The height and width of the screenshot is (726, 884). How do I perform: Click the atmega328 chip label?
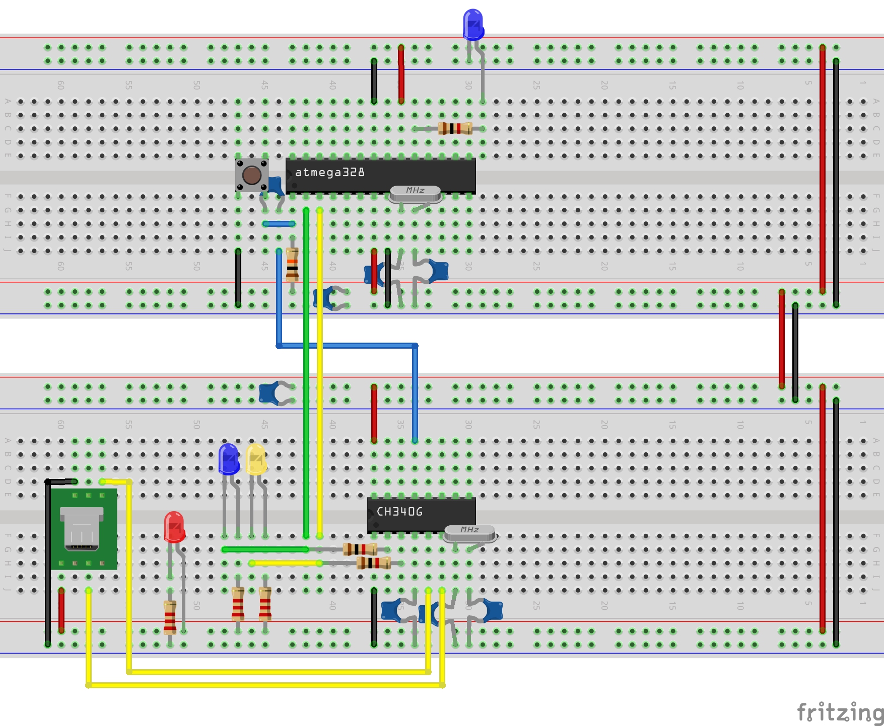pyautogui.click(x=330, y=173)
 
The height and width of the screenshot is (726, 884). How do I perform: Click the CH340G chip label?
pyautogui.click(x=399, y=512)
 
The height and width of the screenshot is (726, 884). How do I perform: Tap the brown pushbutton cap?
pyautogui.click(x=251, y=175)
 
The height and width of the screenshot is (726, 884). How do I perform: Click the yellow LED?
pyautogui.click(x=256, y=458)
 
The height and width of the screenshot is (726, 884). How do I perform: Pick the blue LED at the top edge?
pyautogui.click(x=473, y=24)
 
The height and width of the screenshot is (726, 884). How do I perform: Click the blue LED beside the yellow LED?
pyautogui.click(x=229, y=458)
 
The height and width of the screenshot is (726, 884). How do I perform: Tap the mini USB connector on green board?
pyautogui.click(x=82, y=529)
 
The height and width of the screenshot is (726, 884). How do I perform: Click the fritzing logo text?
pyautogui.click(x=840, y=712)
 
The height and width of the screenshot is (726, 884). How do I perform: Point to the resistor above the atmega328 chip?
pyautogui.click(x=455, y=128)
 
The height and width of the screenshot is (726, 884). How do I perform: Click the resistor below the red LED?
pyautogui.click(x=170, y=617)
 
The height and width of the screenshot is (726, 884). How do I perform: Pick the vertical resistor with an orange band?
pyautogui.click(x=292, y=264)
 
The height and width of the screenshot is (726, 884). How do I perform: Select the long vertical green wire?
pyautogui.click(x=306, y=372)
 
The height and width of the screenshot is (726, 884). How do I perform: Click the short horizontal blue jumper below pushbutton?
pyautogui.click(x=279, y=224)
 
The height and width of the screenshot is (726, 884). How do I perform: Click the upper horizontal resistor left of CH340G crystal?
pyautogui.click(x=360, y=549)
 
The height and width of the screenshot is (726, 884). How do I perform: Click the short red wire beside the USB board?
pyautogui.click(x=61, y=610)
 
